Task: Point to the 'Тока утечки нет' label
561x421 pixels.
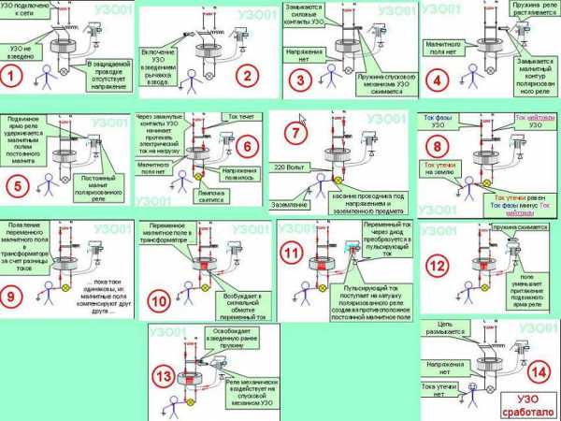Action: pos(439,389)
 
